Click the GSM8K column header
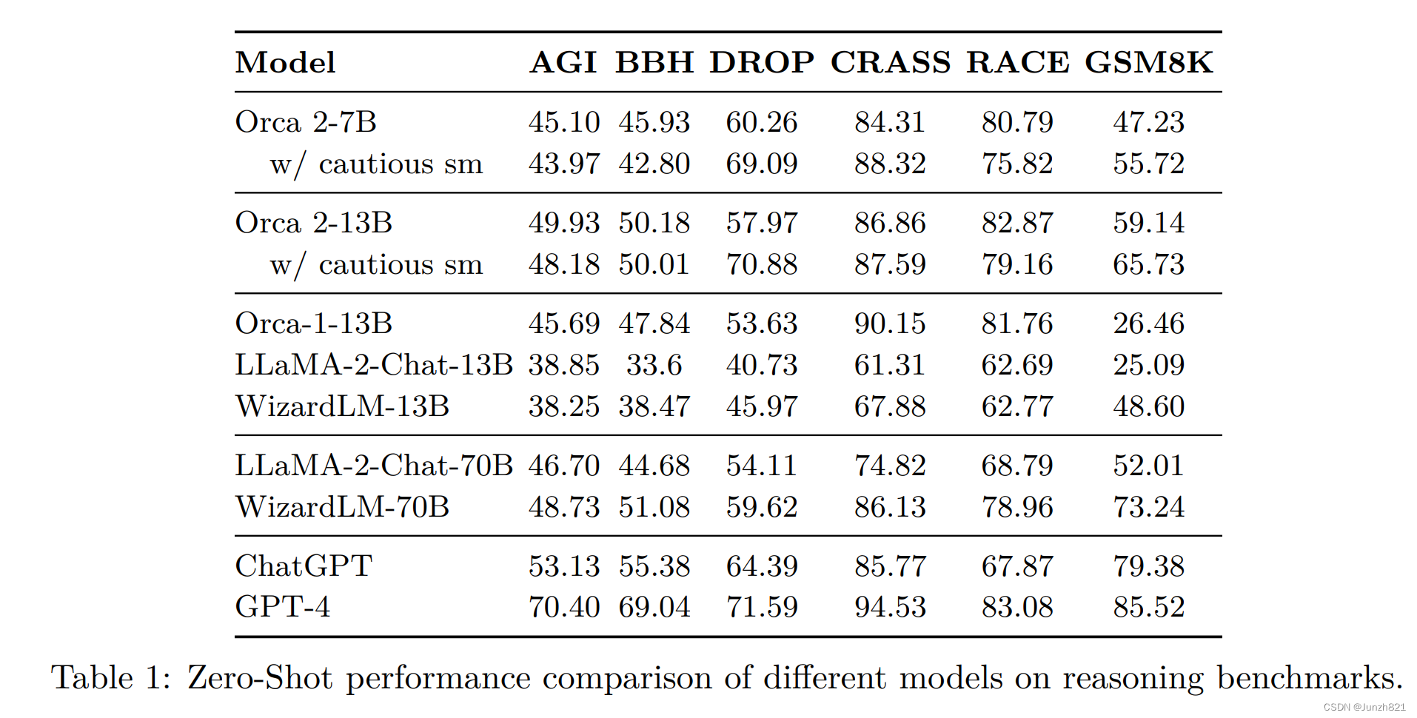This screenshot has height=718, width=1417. pyautogui.click(x=1148, y=62)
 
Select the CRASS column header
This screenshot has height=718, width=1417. pyautogui.click(x=890, y=62)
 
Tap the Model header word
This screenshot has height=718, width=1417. pyautogui.click(x=285, y=62)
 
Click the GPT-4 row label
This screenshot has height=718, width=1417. pyautogui.click(x=282, y=607)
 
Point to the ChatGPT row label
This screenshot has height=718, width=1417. pyautogui.click(x=303, y=566)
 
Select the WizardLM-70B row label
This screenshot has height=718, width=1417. pyautogui.click(x=342, y=507)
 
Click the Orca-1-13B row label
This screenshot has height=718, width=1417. pyautogui.click(x=313, y=323)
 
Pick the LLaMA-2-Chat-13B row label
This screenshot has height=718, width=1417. pyautogui.click(x=374, y=365)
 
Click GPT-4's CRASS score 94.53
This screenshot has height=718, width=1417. pyautogui.click(x=890, y=607)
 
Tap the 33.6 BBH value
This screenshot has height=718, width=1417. pyautogui.click(x=654, y=365)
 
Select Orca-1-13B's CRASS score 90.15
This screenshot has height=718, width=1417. pyautogui.click(x=890, y=323)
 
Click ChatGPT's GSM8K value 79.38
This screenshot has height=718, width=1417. pyautogui.click(x=1148, y=566)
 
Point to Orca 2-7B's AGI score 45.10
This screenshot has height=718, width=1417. pyautogui.click(x=563, y=122)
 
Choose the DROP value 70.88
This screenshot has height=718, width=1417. pyautogui.click(x=761, y=264)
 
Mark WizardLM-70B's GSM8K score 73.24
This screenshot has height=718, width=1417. pyautogui.click(x=1148, y=507)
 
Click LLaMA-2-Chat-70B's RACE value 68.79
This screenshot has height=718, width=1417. pyautogui.click(x=1017, y=466)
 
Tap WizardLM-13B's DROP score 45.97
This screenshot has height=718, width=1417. pyautogui.click(x=761, y=406)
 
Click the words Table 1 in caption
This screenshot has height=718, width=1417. pyautogui.click(x=111, y=677)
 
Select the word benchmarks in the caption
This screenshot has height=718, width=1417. pyautogui.click(x=1309, y=677)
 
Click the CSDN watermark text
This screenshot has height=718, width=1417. pyautogui.click(x=1364, y=707)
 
